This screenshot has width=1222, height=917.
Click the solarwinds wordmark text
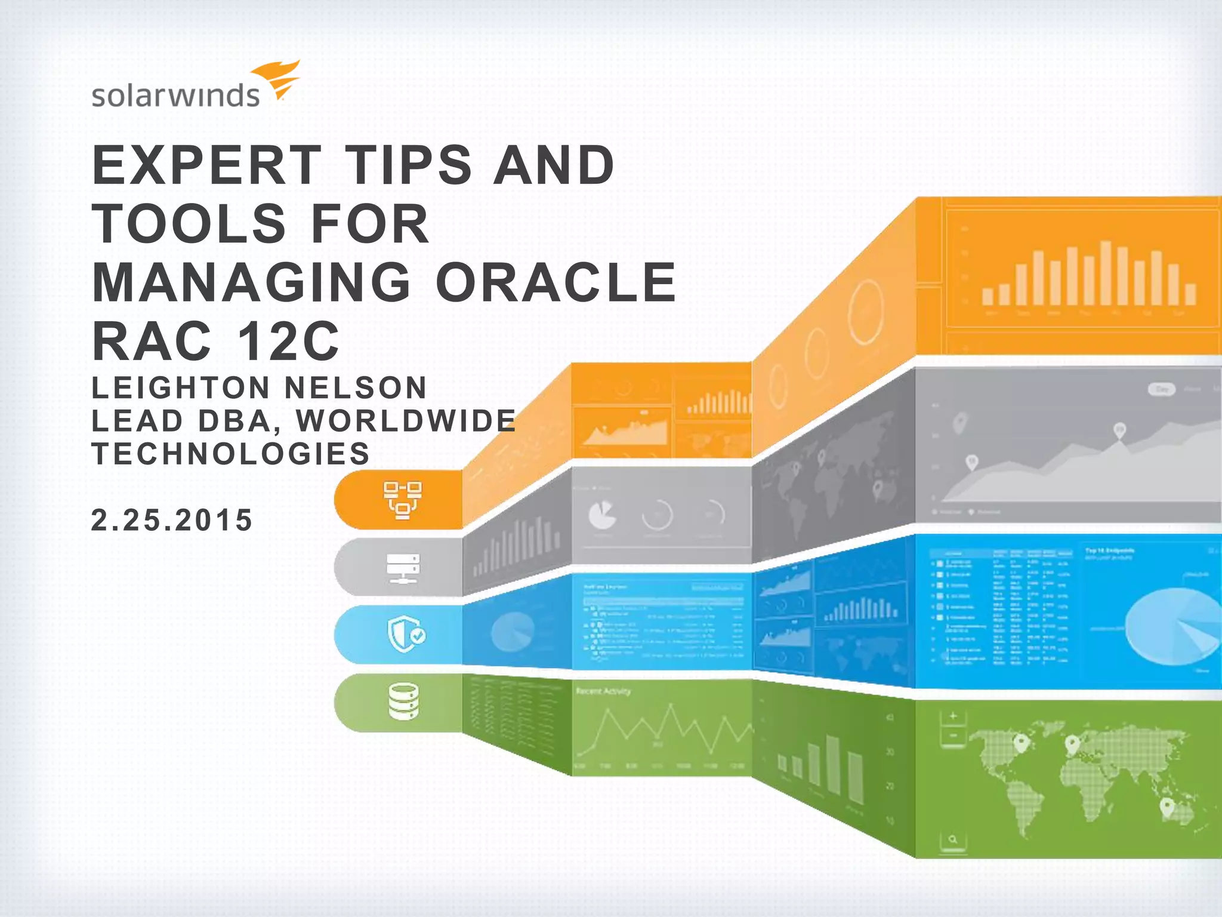click(x=175, y=96)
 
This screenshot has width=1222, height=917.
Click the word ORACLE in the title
click(x=556, y=282)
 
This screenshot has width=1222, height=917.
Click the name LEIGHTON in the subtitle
click(x=181, y=387)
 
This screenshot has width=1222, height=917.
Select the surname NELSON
click(x=356, y=387)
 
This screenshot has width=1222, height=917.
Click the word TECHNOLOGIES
click(x=231, y=454)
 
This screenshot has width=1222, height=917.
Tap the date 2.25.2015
click(x=172, y=520)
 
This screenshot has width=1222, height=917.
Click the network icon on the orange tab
click(x=403, y=500)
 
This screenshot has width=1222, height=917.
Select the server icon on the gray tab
click(x=403, y=568)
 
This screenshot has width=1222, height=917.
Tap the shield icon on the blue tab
click(x=406, y=635)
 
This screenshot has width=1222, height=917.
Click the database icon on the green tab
click(x=403, y=702)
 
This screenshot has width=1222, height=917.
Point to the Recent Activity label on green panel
click(x=603, y=691)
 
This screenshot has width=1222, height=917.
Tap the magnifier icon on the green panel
click(x=953, y=839)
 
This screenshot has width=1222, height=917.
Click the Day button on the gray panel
click(x=1162, y=389)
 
